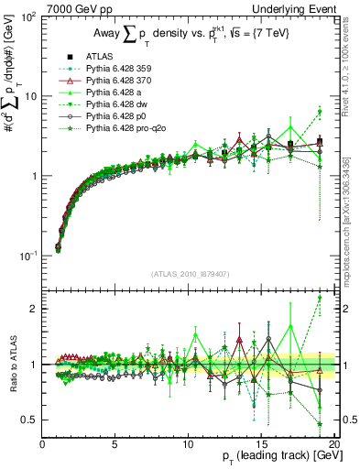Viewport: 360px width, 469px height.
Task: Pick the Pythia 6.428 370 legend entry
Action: pyautogui.click(x=108, y=81)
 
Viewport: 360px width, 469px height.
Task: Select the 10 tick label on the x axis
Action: pyautogui.click(x=188, y=444)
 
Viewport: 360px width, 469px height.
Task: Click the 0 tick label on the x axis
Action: pyautogui.click(x=43, y=444)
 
